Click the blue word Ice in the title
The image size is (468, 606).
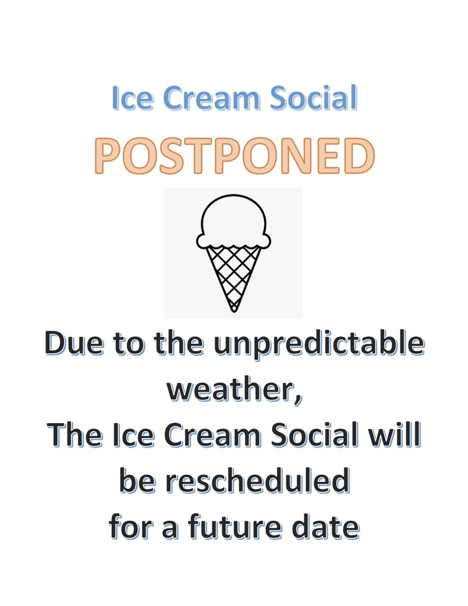point(132,98)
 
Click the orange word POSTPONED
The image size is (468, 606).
point(234,156)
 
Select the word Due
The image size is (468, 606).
point(75,343)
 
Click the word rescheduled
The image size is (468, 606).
point(258,481)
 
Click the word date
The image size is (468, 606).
point(326,527)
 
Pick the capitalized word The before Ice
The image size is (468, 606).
point(75,435)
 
